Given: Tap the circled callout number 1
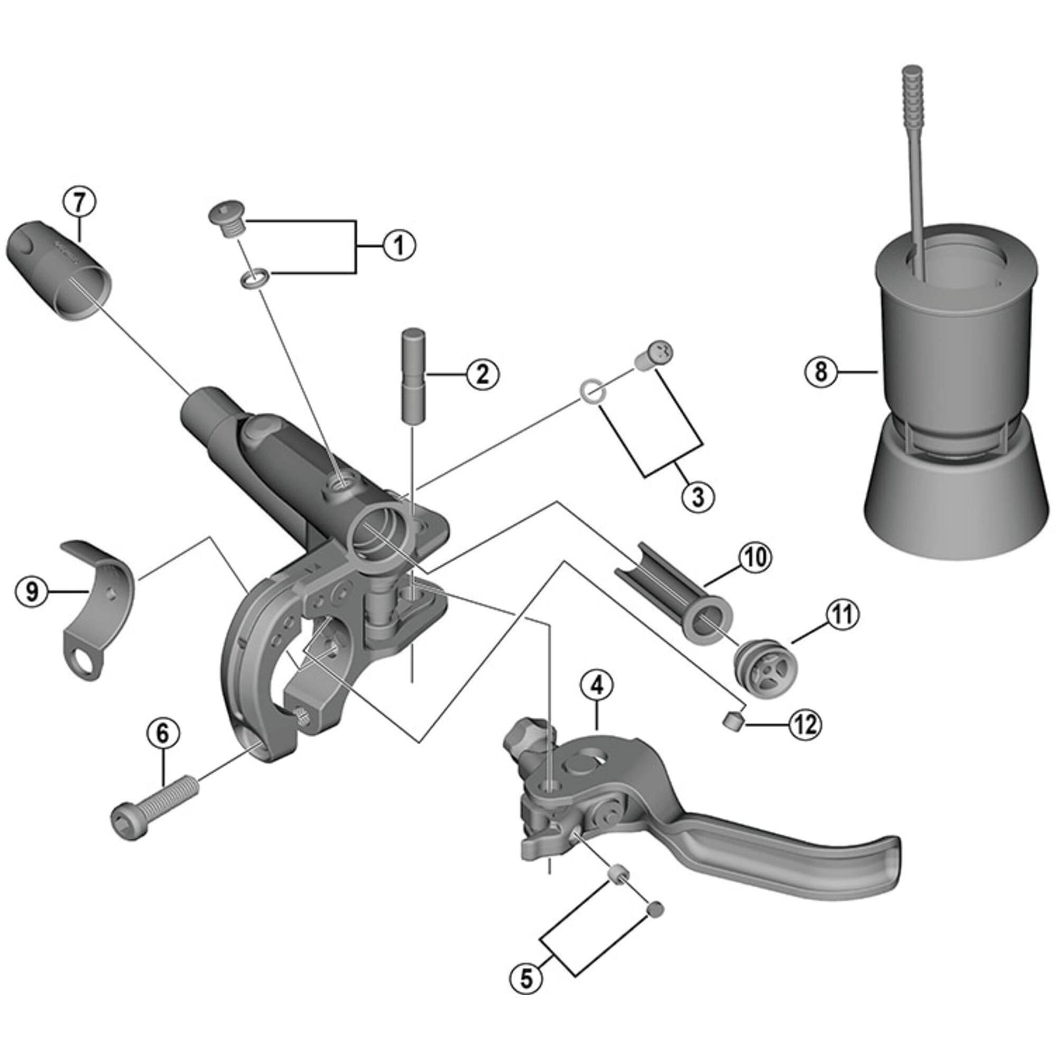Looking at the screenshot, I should (x=399, y=246).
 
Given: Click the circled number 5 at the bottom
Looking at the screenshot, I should (x=526, y=978).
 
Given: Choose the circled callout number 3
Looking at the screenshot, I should (x=698, y=497).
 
